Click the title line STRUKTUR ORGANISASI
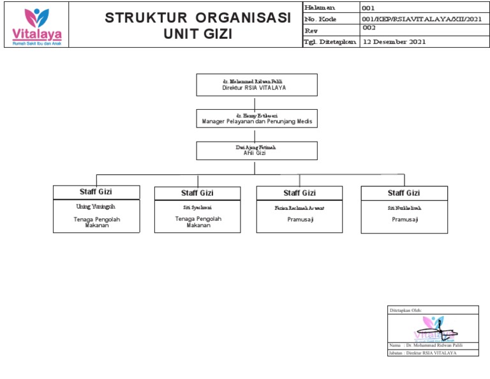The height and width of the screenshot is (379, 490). [x=198, y=19]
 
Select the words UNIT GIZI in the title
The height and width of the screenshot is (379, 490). [x=198, y=34]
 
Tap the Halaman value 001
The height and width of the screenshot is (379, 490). [x=369, y=8]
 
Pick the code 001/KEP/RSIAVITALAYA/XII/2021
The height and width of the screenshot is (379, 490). [x=422, y=19]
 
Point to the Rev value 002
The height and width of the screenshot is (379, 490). [x=369, y=29]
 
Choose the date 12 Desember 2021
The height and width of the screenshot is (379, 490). [x=394, y=41]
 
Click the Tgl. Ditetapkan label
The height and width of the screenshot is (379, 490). [x=330, y=41]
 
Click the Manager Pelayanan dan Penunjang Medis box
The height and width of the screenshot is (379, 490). [x=256, y=118]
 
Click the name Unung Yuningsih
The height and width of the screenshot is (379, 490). [x=96, y=207]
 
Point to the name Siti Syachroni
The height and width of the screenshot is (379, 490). [x=197, y=207]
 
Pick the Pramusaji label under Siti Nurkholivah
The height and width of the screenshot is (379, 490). [x=405, y=219]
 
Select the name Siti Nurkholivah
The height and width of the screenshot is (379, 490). [x=405, y=207]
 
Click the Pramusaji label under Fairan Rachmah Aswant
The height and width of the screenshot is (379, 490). [x=300, y=219]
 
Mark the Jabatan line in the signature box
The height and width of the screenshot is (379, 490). [x=422, y=353]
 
